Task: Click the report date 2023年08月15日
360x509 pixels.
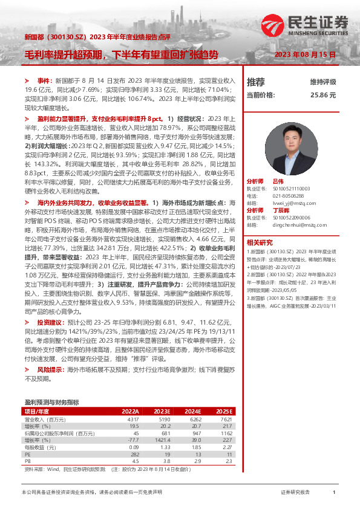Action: pyautogui.click(x=305, y=55)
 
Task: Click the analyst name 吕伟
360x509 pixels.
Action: pyautogui.click(x=278, y=164)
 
